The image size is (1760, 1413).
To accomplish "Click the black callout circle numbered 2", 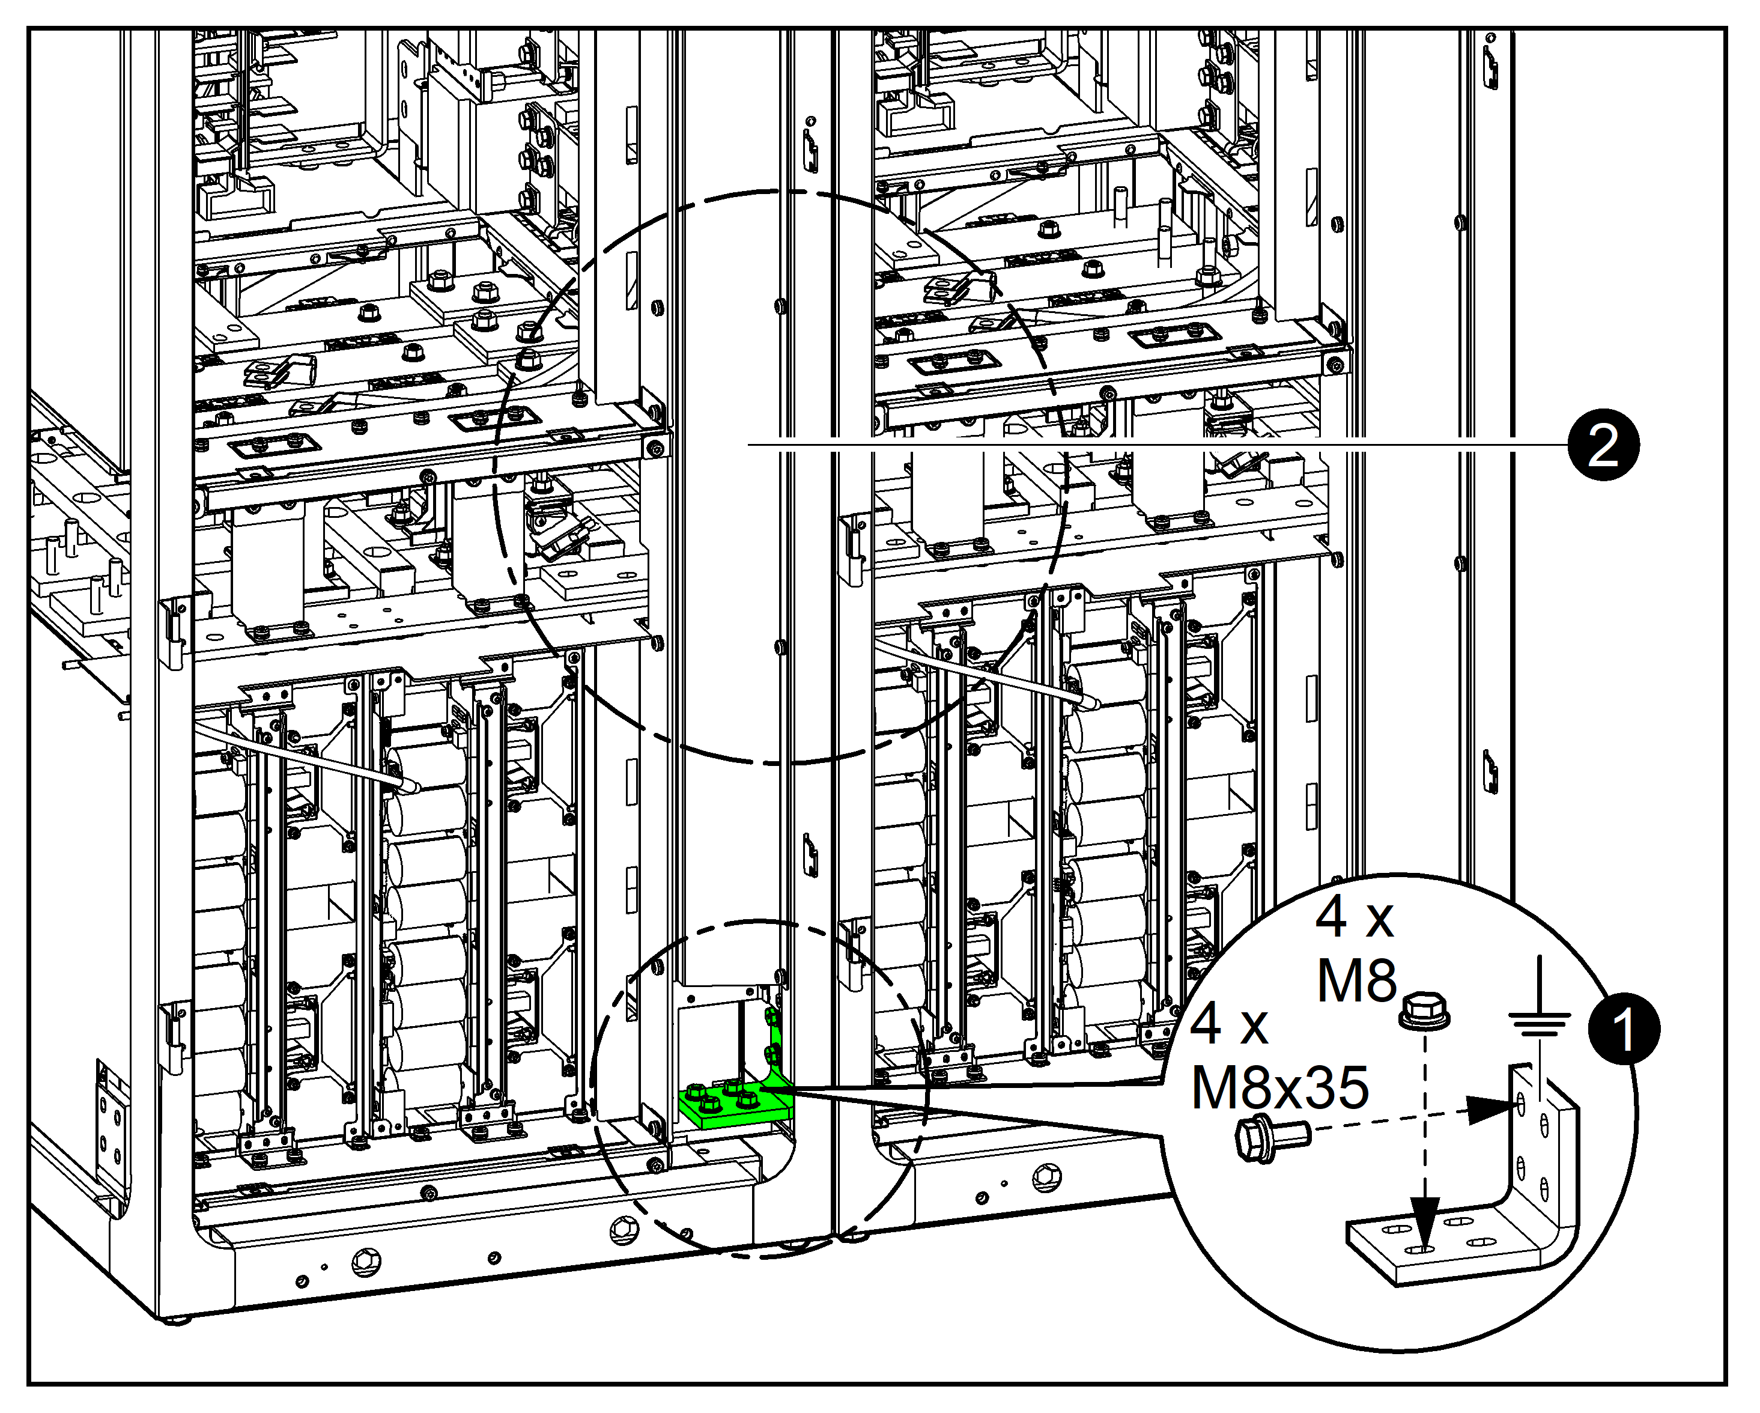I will (x=1603, y=446).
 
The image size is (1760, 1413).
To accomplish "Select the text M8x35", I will (x=1279, y=1087).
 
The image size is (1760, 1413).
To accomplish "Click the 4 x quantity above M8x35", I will (x=1228, y=1024).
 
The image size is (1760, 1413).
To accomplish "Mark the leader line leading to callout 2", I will (x=1143, y=446).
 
